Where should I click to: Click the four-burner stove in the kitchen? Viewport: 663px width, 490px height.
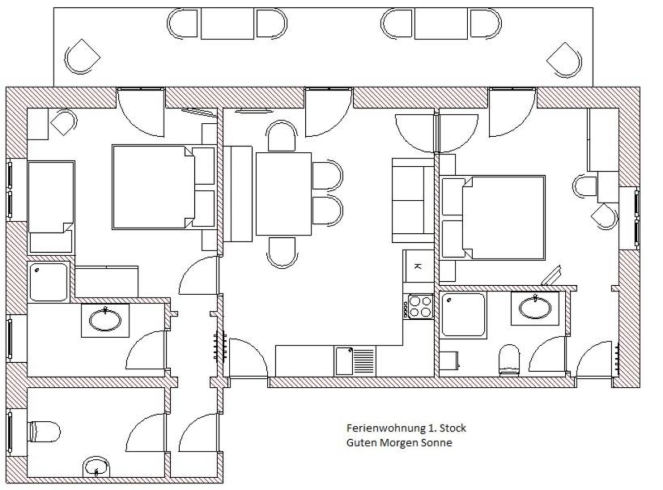(419, 306)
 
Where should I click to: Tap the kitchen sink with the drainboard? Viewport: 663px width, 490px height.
(355, 361)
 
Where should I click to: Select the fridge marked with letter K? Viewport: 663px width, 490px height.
(419, 266)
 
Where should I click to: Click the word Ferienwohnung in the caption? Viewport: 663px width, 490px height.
(386, 428)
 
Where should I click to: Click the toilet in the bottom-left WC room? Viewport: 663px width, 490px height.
(44, 432)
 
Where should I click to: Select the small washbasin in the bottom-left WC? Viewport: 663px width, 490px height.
(96, 467)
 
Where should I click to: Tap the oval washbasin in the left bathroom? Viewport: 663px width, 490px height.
(105, 320)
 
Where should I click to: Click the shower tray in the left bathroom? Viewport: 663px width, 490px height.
(49, 281)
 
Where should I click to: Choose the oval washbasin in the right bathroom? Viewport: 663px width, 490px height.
(535, 308)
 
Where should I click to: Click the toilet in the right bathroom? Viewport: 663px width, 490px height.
(509, 360)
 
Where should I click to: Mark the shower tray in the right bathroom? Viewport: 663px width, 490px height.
(463, 315)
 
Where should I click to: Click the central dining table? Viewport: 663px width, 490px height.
(283, 194)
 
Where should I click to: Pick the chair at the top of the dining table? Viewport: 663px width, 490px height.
(282, 135)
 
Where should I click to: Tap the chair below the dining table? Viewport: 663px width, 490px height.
(282, 252)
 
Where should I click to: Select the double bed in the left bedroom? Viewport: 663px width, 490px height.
(164, 187)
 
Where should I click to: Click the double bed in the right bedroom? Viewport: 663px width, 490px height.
(493, 218)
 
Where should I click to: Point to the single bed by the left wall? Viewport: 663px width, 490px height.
(51, 207)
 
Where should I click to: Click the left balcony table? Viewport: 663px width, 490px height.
(227, 24)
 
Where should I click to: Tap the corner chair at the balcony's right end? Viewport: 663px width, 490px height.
(564, 60)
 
